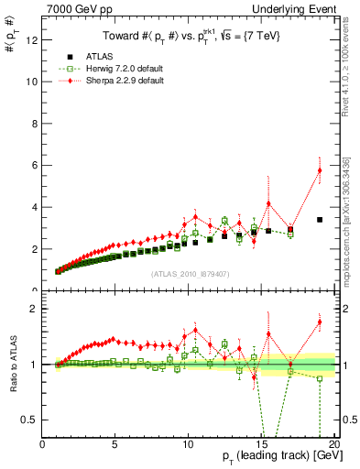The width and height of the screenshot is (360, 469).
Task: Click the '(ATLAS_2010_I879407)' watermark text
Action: pos(190,272)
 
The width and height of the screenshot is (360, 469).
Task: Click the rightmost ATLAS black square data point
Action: pos(320,220)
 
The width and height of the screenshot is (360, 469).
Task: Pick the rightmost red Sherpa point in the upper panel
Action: pos(320,170)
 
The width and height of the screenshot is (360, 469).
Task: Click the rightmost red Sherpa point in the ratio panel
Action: pos(320,322)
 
